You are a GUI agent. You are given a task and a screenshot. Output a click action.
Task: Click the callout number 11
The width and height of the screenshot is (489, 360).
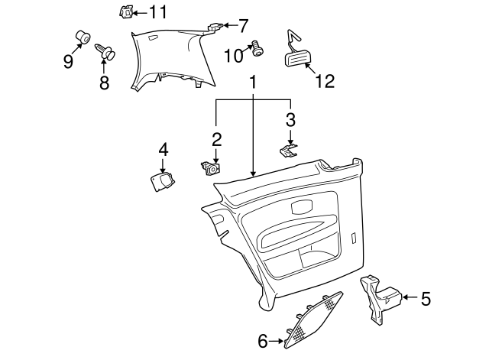tap(158, 12)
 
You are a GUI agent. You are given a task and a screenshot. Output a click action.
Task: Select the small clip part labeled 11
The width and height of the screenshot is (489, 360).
tap(126, 12)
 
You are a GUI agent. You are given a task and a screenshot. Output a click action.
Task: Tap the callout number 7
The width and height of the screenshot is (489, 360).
tap(243, 25)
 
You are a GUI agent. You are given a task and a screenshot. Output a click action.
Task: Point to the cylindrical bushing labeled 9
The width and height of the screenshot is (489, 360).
tap(83, 37)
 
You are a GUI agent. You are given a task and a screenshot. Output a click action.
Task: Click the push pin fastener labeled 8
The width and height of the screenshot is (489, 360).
tap(105, 51)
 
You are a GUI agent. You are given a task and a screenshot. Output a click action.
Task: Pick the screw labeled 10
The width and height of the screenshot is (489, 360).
tap(257, 49)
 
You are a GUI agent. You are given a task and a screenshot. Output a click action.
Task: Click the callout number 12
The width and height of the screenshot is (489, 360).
tap(325, 82)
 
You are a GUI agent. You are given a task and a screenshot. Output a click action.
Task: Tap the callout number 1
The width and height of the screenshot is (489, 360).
tap(253, 82)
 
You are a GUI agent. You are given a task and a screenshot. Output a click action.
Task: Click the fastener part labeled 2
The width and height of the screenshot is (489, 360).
tap(211, 167)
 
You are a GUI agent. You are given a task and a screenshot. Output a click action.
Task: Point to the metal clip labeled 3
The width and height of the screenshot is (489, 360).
tap(289, 151)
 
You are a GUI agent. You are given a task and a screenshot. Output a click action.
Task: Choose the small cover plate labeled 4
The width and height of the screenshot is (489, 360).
tap(162, 182)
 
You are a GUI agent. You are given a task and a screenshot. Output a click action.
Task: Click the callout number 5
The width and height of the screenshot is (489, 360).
tap(426, 299)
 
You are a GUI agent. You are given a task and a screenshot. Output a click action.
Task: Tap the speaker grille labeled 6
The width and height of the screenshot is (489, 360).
tap(313, 320)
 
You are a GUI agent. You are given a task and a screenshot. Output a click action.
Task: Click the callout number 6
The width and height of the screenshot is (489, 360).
tap(263, 341)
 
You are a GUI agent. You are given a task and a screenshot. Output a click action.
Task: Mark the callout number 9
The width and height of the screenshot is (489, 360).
tap(68, 61)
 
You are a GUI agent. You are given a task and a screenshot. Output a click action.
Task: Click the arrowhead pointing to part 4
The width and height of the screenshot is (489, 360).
tap(163, 170)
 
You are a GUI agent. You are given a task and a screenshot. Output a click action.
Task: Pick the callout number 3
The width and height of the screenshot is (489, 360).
tap(290, 119)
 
